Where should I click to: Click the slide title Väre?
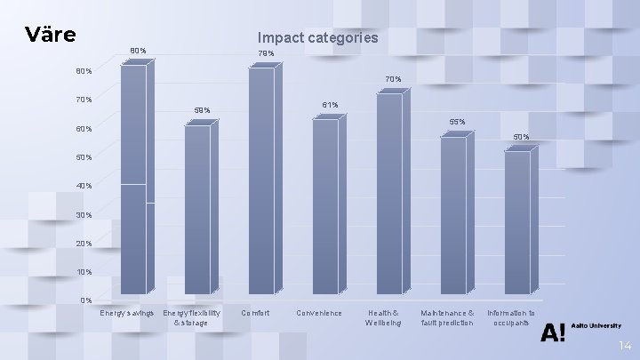coord(51,36)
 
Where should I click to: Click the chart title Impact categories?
coord(317,37)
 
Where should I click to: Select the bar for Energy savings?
coord(133,178)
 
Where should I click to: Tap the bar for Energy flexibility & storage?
coord(197,209)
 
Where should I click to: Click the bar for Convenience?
coord(325,206)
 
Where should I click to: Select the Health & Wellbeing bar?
coord(389,193)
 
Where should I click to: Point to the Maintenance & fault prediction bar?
coord(452,214)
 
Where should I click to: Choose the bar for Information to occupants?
coord(516,222)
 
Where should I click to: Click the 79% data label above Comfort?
coord(266,54)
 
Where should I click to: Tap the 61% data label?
coord(330,105)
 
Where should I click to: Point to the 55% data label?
coord(457,122)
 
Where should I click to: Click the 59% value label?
coord(202,110)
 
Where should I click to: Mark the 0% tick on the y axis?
coord(86,300)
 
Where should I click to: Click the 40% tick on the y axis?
coord(84,186)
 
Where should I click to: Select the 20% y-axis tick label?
coord(84,243)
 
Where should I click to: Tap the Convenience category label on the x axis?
coord(318,313)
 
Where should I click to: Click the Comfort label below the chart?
coord(255,313)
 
